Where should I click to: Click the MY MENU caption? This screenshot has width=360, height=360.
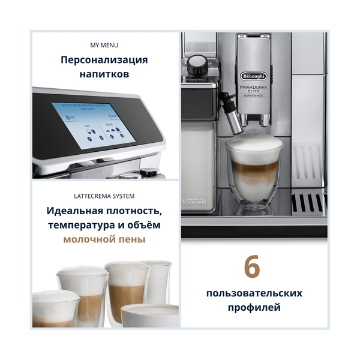coord(104,45)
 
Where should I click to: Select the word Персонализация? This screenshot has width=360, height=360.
coord(104,60)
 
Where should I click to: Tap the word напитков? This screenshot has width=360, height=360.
coord(104,76)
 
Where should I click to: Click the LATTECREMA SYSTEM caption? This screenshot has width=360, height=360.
coord(104,196)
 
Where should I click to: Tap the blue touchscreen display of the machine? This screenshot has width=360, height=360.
coord(91,122)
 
